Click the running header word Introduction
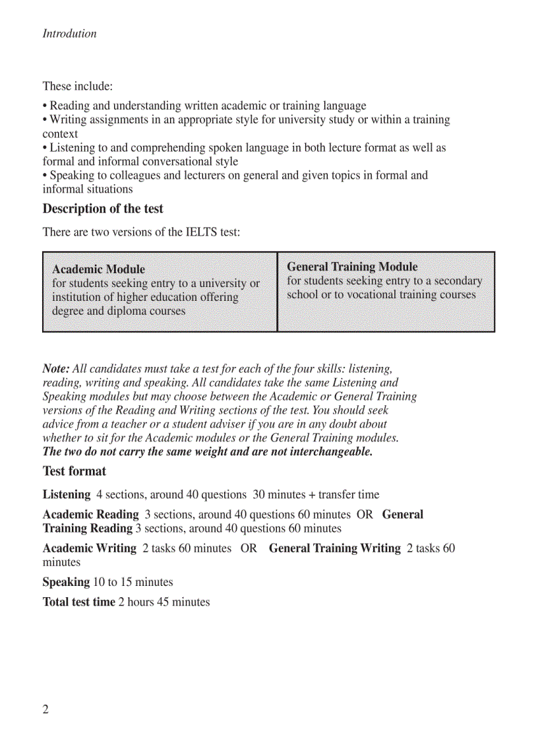click(x=69, y=34)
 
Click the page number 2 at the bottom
click(x=45, y=709)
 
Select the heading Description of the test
click(x=103, y=209)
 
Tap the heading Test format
click(x=74, y=471)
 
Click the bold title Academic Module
click(x=98, y=269)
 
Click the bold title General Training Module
click(x=352, y=267)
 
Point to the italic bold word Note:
click(x=55, y=369)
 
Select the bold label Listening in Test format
click(x=67, y=494)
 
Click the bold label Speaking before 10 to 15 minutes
click(x=66, y=582)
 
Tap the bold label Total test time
click(x=78, y=602)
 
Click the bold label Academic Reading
click(x=90, y=514)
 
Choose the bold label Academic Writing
click(x=89, y=548)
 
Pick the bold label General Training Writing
click(x=334, y=548)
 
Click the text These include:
click(x=77, y=86)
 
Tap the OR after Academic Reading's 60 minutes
click(x=365, y=514)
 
